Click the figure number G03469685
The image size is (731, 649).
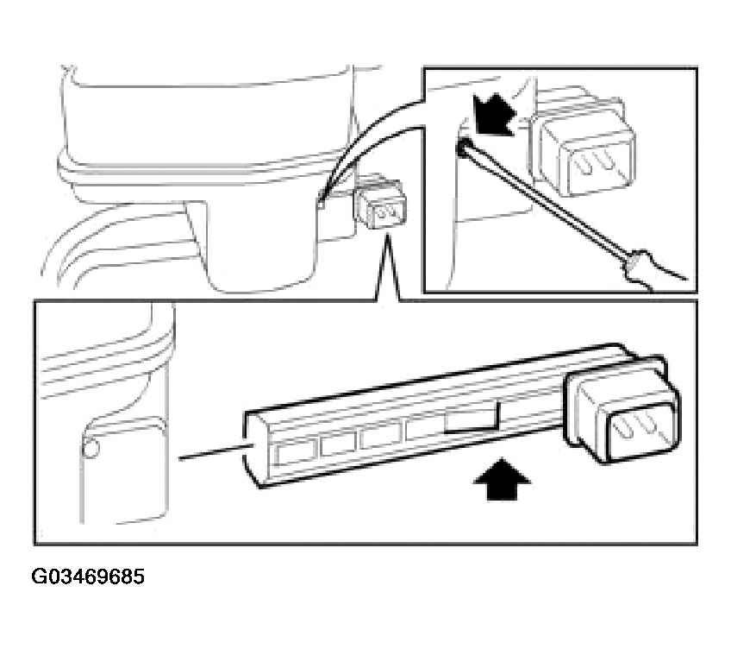88,577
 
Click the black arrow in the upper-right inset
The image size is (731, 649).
493,115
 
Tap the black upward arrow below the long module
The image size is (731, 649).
502,479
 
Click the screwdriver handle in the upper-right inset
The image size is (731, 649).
653,270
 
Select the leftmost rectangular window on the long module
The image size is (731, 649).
295,453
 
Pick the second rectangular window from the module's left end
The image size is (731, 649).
338,444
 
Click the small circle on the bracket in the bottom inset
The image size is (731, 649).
91,449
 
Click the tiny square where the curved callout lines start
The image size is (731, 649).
321,203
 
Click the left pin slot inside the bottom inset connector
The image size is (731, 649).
625,428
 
